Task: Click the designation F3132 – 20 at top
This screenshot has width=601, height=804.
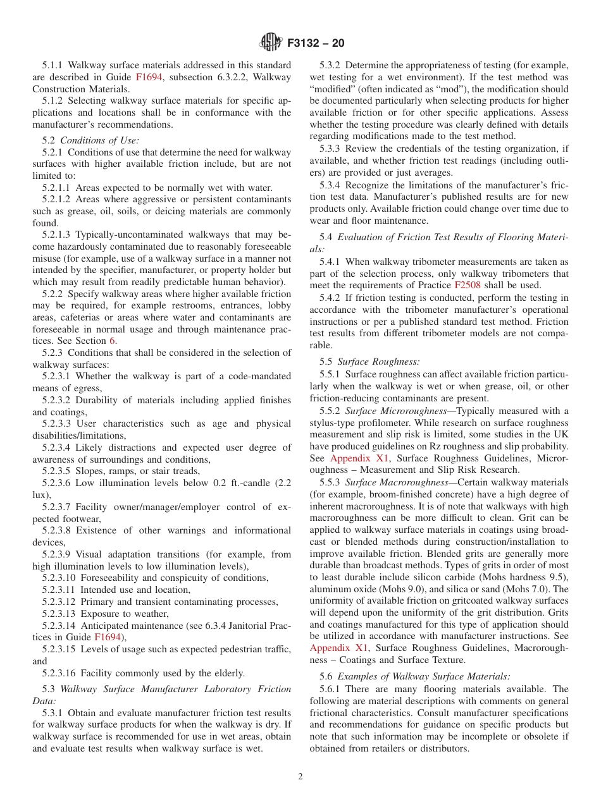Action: click(316, 44)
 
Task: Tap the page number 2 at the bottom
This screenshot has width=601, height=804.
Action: click(300, 777)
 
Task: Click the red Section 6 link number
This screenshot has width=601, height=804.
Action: click(113, 341)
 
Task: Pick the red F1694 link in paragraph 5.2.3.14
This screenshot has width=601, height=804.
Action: click(108, 637)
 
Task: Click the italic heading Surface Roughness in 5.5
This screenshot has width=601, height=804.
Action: click(378, 362)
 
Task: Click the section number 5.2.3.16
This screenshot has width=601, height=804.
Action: click(61, 673)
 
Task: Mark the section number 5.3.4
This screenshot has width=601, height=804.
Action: click(331, 185)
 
